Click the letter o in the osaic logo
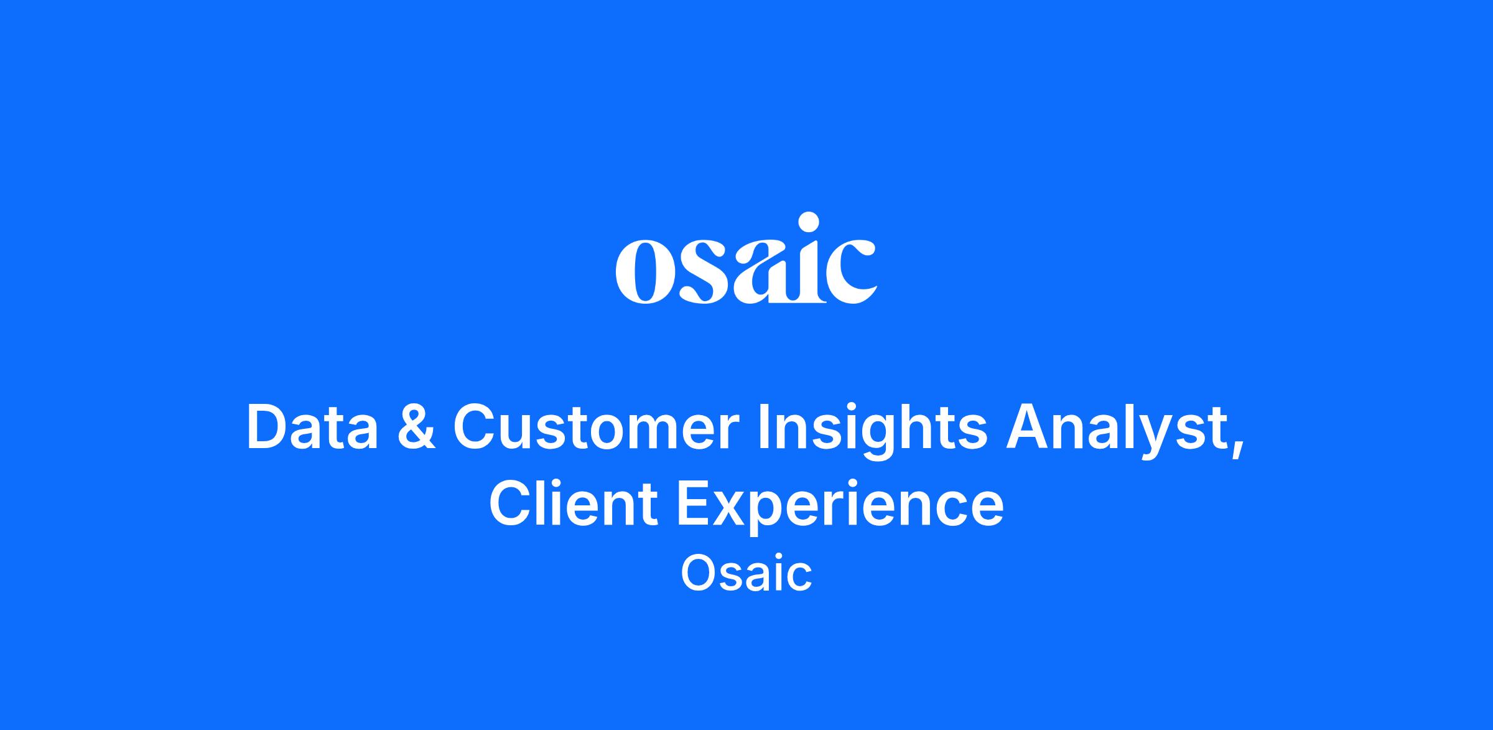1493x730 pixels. point(641,272)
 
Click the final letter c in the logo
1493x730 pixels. point(849,272)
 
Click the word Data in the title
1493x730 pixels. point(312,428)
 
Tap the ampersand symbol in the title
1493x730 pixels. point(416,428)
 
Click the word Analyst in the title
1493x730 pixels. point(1114,431)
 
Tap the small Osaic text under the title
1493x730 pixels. point(746,574)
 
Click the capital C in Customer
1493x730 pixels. point(474,428)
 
